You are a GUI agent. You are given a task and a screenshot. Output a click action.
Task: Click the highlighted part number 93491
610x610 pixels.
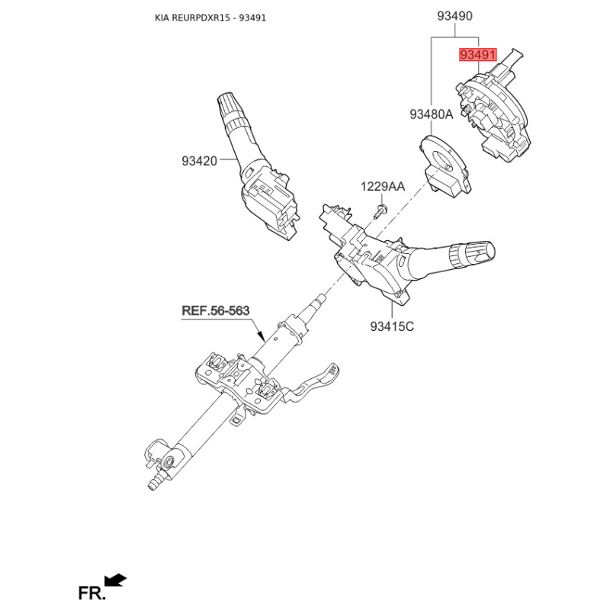click(477, 56)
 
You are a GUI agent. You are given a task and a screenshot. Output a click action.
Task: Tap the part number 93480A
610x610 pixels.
click(431, 114)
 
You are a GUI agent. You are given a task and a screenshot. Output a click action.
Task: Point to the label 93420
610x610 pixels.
click(200, 161)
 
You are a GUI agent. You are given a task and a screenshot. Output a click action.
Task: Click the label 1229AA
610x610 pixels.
click(383, 186)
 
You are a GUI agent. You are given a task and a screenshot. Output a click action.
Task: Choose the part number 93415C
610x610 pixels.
click(392, 326)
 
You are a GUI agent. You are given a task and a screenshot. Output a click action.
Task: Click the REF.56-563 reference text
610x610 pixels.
click(215, 310)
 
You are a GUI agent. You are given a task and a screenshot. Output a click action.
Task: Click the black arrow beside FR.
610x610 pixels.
click(116, 581)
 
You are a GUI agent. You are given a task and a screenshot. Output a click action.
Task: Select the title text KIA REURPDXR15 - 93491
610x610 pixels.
click(210, 17)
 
